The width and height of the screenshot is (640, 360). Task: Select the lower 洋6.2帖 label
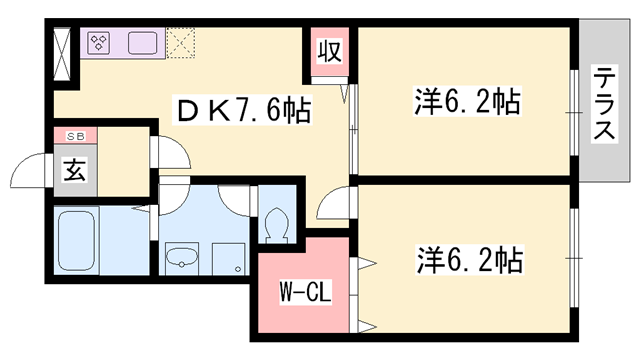[x=468, y=261]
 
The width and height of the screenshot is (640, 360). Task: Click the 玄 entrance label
[x=75, y=169]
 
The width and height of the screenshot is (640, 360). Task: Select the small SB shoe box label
[x=75, y=137]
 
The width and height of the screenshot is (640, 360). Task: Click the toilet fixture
[x=276, y=222]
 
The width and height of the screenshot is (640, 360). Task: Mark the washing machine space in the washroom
[x=231, y=257]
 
